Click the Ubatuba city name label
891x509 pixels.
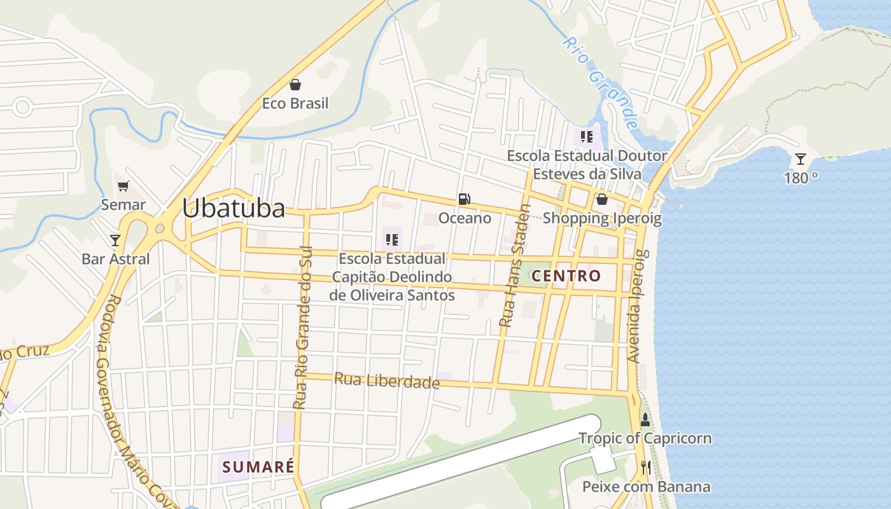[234, 208]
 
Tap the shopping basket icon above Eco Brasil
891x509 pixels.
[295, 85]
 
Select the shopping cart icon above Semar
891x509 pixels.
[123, 186]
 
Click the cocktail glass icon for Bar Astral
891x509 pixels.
[115, 240]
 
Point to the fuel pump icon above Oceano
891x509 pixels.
[465, 199]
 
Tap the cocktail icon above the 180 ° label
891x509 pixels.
[801, 159]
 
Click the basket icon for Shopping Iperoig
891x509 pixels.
[601, 200]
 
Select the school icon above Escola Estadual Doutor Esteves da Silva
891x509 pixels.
[587, 136]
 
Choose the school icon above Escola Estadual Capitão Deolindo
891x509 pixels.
[392, 240]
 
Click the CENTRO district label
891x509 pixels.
[566, 275]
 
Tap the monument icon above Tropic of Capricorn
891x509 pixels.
[645, 419]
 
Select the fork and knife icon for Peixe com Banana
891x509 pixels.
[646, 468]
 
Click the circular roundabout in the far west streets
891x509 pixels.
[22, 107]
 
